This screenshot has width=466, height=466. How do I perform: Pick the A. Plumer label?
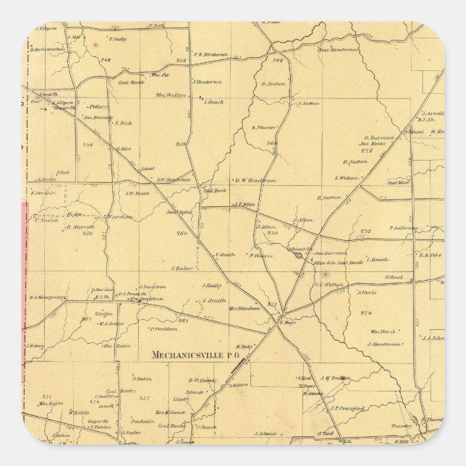[264, 127]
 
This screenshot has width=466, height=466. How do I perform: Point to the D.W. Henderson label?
[255, 180]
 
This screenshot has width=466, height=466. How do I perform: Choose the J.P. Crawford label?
[345, 408]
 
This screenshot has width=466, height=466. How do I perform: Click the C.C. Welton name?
[328, 284]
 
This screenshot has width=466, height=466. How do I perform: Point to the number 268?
[276, 60]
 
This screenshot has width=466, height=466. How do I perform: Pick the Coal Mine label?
[398, 182]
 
